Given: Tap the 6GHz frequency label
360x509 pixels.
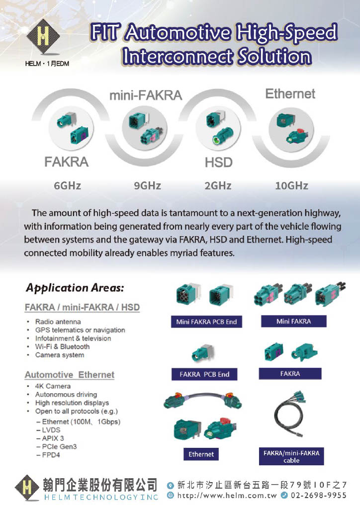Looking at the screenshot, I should coord(67,186).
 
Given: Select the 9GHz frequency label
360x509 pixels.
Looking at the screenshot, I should coord(147,186).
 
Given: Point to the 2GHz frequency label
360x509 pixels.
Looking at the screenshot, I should coord(218,186).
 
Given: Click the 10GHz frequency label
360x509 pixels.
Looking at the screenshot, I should coord(291,186).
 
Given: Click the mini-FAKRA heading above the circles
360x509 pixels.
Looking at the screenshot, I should coord(146,95).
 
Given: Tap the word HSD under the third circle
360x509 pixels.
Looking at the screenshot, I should coord(219,162).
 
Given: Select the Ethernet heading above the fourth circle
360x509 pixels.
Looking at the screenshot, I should coord(290,93).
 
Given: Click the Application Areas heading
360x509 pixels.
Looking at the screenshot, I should coord(75,288).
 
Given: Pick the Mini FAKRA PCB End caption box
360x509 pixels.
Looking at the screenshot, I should coord(206,322).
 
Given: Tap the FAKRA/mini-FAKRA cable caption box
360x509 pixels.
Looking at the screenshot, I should coord(291,456).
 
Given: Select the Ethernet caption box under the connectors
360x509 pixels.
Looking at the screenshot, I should coord(201,454).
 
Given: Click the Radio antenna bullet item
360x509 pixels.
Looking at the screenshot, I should coord(58,322).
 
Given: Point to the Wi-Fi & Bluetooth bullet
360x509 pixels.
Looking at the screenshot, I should coord(62,346).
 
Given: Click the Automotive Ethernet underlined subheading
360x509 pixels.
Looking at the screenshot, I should coord(70,375).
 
